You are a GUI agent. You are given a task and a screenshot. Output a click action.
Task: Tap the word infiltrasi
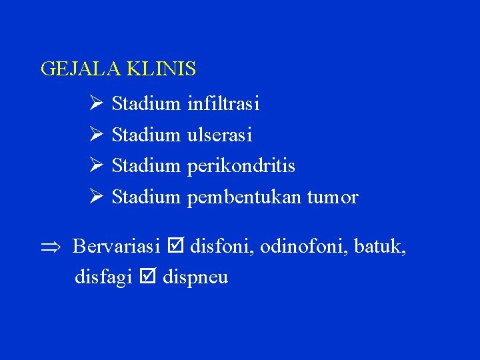pos(223,104)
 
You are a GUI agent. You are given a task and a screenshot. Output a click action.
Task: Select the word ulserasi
pos(219,135)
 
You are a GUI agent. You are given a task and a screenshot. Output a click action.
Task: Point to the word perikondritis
pos(241,166)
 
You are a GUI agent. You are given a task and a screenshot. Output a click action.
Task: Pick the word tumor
pos(333,198)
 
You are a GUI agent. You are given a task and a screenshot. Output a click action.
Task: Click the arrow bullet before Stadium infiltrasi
pos(95,104)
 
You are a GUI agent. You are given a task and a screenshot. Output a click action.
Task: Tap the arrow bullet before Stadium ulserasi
pos(95,135)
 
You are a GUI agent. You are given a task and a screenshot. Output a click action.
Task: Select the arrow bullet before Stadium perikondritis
pos(95,165)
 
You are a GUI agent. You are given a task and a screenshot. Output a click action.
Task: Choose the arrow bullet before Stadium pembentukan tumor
pos(95,197)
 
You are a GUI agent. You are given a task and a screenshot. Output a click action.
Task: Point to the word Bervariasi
pos(116,247)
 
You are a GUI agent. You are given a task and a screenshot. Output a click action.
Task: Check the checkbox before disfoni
pos(175,247)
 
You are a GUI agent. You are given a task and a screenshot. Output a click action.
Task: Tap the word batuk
pos(379,247)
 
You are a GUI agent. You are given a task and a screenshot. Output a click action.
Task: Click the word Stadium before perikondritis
pos(146,166)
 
